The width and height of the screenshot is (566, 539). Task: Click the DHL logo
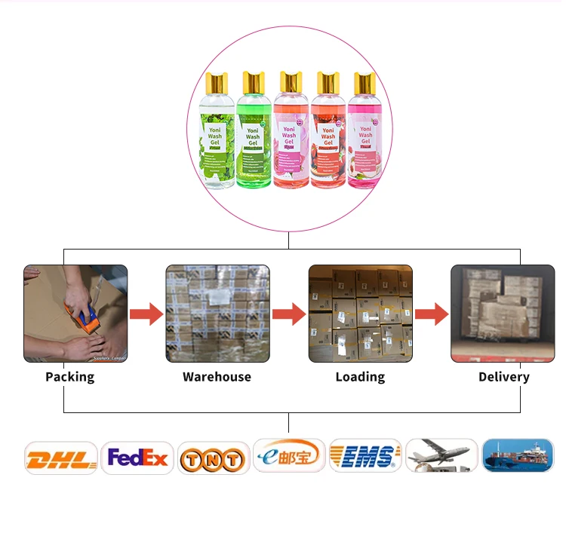point(61,458)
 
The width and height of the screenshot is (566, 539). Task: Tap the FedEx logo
point(137,458)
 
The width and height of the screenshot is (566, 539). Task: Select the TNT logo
point(214,458)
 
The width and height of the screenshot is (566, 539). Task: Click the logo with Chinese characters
point(289,455)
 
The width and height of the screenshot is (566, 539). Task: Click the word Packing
point(70,376)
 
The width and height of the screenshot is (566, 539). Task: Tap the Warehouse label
point(217,376)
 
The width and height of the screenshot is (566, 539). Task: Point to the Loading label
point(360,376)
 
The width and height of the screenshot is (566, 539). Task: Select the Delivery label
point(503,376)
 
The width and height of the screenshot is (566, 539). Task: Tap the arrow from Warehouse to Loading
point(289,313)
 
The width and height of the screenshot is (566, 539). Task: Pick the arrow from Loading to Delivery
point(431,313)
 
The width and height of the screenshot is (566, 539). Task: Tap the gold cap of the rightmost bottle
point(365,82)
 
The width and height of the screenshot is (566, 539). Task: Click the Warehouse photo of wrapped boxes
point(217,313)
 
